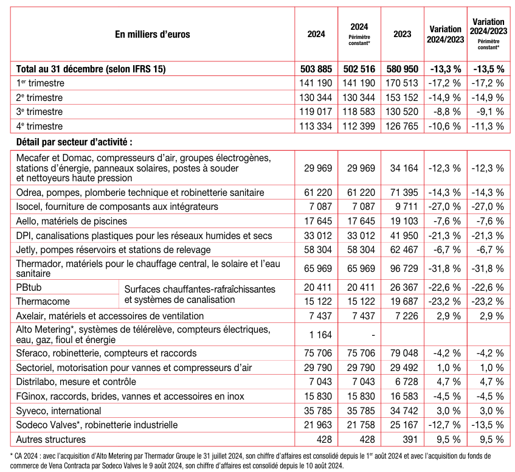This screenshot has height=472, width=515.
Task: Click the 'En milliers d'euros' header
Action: click(x=153, y=34)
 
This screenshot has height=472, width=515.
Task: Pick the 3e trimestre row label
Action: click(x=40, y=112)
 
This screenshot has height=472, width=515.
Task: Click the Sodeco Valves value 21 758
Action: click(x=359, y=425)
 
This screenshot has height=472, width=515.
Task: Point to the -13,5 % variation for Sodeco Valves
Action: click(x=488, y=425)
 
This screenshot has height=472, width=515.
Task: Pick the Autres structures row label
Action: click(x=51, y=439)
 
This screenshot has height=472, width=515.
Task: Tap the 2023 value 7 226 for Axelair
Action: click(x=402, y=316)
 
